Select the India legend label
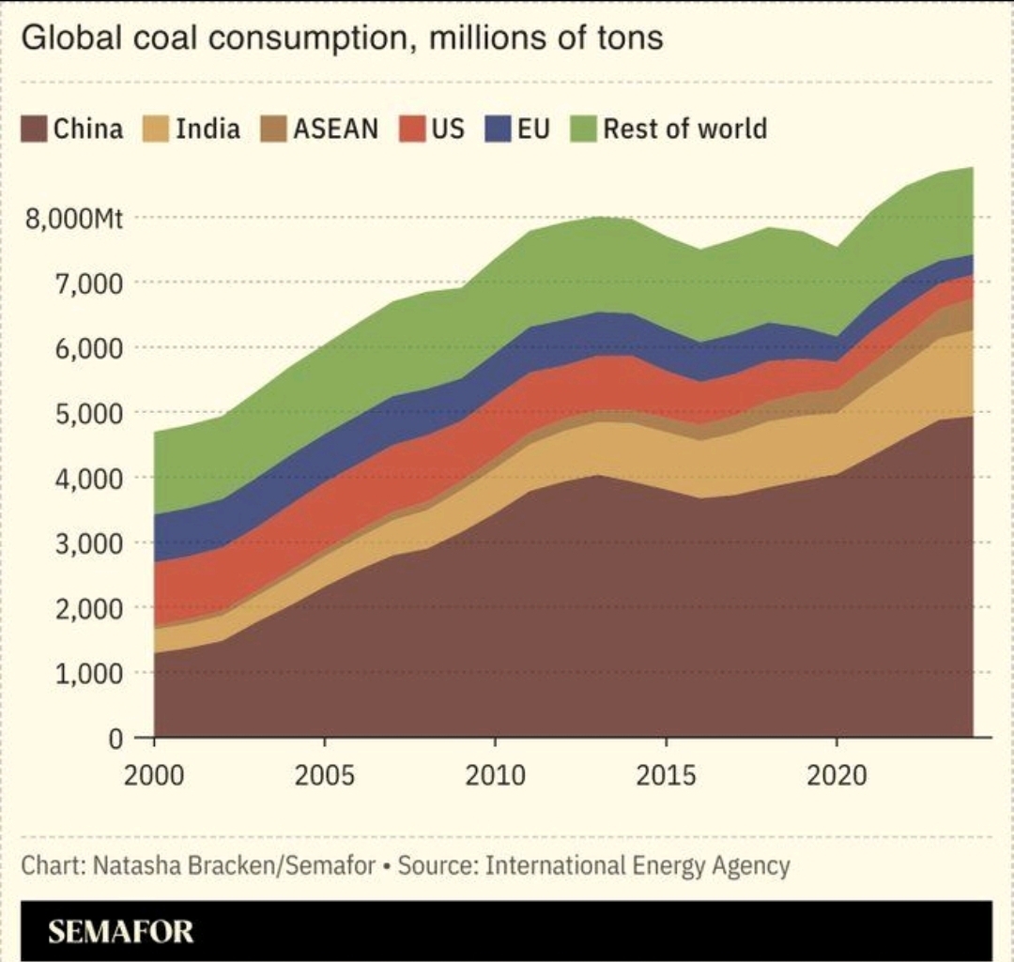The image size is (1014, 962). (x=207, y=130)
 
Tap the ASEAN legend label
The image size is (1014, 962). (x=335, y=130)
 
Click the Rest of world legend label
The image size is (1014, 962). (x=684, y=130)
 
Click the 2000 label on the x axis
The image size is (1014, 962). (x=153, y=778)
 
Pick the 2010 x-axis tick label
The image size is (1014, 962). (x=495, y=778)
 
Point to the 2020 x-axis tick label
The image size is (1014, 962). (x=837, y=778)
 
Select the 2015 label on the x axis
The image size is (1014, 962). (x=666, y=778)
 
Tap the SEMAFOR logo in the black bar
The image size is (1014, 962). (x=121, y=932)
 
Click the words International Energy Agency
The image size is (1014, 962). (x=637, y=865)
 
